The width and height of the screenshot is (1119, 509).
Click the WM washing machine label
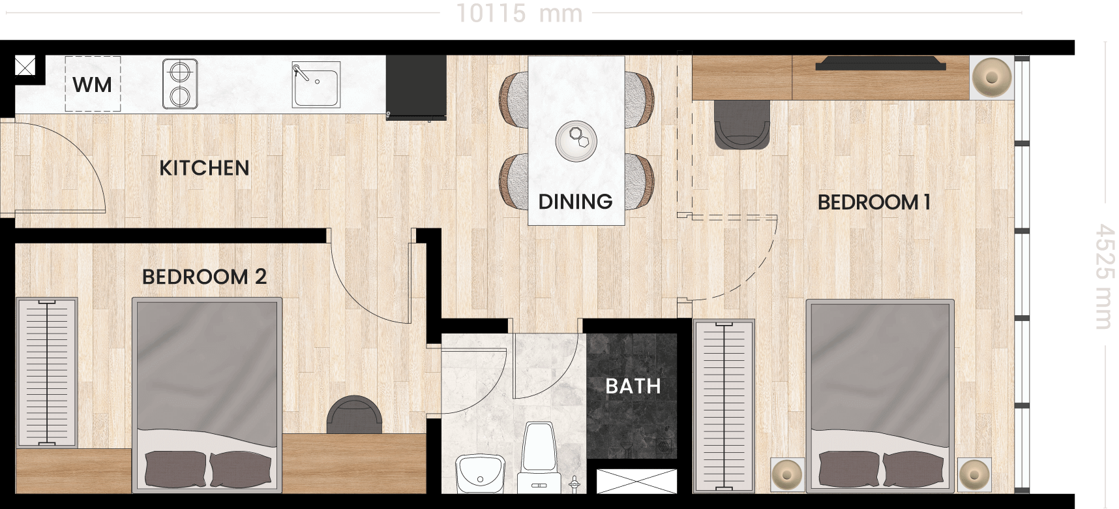pos(92,85)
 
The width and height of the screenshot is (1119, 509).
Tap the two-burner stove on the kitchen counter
pos(180,84)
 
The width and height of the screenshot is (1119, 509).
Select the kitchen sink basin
pos(316,84)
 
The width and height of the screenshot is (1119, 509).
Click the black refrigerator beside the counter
pos(416,86)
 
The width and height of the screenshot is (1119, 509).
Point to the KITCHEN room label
pos(204,168)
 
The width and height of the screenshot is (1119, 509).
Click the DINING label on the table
pos(575,202)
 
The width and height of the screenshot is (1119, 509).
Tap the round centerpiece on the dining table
pos(576,140)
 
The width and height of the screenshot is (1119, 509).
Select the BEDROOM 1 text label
pos(874,202)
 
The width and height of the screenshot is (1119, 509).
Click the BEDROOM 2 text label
pos(204,277)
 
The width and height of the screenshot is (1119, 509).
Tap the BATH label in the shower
pos(633,386)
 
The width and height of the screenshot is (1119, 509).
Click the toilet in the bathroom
pos(539,457)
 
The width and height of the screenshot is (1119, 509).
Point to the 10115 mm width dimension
pos(519,13)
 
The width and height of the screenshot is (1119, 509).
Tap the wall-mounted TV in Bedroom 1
pos(880,63)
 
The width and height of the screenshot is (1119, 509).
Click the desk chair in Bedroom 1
pos(742,125)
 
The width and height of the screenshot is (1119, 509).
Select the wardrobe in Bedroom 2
pos(47,373)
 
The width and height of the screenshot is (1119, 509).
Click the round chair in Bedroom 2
pos(354,414)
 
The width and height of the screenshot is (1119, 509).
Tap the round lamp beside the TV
pos(992,77)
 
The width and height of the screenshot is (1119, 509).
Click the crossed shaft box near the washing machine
pos(25,65)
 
